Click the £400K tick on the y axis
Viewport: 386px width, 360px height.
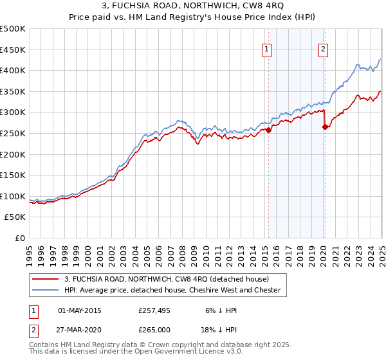click(x=13, y=70)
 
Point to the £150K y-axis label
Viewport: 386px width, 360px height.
click(x=13, y=175)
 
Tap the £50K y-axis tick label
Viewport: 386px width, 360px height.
click(x=15, y=217)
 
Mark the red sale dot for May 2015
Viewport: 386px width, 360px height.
click(x=268, y=130)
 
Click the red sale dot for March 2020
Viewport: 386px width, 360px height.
click(x=326, y=127)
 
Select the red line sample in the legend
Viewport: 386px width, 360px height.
click(x=46, y=279)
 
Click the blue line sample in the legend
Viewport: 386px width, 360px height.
click(x=46, y=290)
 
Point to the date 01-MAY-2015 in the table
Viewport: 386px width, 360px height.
click(x=80, y=311)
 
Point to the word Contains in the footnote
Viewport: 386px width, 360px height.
click(x=44, y=345)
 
